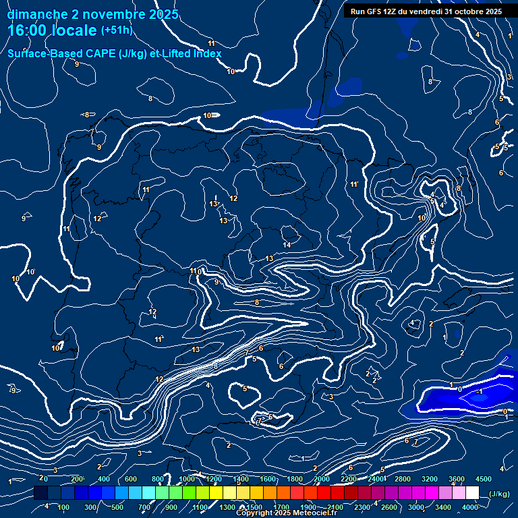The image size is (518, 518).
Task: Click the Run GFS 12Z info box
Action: pyautogui.click(x=426, y=11)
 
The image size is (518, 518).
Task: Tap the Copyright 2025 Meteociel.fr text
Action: pyautogui.click(x=286, y=513)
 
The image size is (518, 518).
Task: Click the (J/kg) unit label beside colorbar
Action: pyautogui.click(x=498, y=494)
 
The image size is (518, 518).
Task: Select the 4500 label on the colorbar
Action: pyautogui.click(x=483, y=479)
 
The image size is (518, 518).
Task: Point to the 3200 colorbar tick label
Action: pyautogui.click(x=429, y=479)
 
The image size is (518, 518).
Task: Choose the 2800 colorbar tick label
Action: pyautogui.click(x=402, y=479)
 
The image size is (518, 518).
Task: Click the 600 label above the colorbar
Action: pyautogui.click(x=131, y=479)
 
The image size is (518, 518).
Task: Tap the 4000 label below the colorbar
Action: pyautogui.click(x=469, y=507)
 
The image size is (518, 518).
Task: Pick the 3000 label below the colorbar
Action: pyautogui.click(x=415, y=507)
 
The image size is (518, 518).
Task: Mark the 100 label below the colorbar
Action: pyautogui.click(x=64, y=507)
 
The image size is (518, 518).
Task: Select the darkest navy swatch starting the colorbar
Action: pyautogui.click(x=40, y=493)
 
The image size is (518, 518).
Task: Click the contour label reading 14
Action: pyautogui.click(x=287, y=245)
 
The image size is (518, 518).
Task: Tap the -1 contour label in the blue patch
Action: pyautogui.click(x=480, y=391)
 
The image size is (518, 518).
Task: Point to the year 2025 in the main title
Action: pyautogui.click(x=164, y=14)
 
